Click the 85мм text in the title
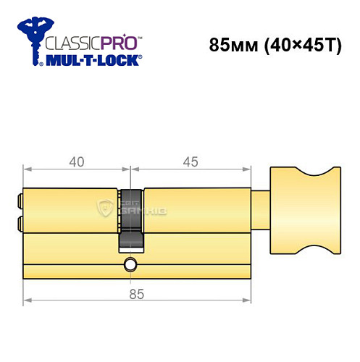click(x=231, y=44)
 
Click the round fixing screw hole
click(x=130, y=264)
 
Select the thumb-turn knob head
click(x=304, y=210)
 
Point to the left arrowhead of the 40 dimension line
click(x=26, y=172)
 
